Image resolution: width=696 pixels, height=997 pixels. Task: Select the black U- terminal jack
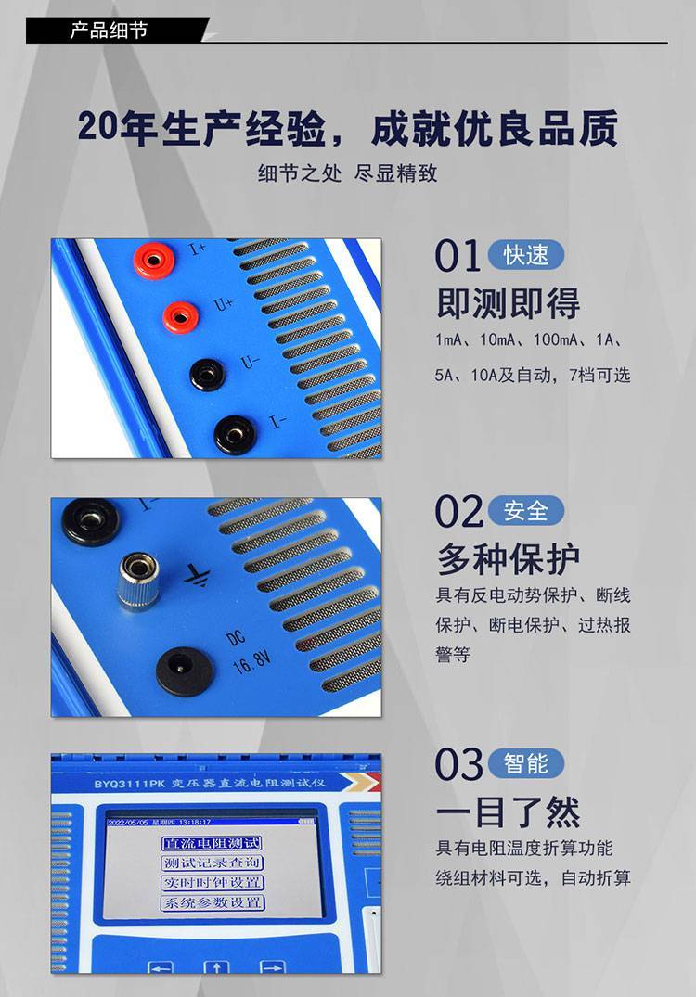(x=208, y=374)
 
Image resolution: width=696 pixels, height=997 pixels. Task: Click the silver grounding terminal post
(x=136, y=581)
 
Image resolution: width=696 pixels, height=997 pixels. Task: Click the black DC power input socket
(x=185, y=671)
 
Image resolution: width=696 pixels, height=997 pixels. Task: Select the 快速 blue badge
(x=526, y=255)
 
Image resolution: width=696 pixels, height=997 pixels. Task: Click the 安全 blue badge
(x=526, y=511)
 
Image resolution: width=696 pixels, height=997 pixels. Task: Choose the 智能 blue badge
(x=526, y=763)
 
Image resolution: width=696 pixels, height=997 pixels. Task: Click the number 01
(x=458, y=256)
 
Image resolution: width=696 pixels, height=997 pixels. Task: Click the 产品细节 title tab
(x=110, y=30)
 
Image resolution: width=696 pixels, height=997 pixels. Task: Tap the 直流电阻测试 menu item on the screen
(x=212, y=843)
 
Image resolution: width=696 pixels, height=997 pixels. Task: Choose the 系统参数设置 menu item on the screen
(x=212, y=902)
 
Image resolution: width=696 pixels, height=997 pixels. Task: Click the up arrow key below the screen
(x=216, y=967)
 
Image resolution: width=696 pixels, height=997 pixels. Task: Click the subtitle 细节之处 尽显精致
(x=348, y=173)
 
